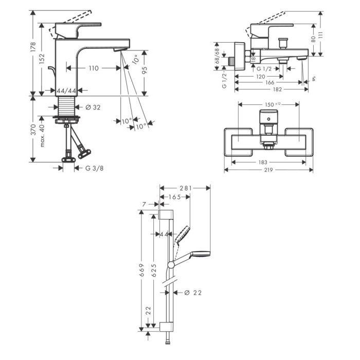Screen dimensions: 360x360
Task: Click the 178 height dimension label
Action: point(33,47)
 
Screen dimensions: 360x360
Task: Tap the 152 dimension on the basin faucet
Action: point(42,59)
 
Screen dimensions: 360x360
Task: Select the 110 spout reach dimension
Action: point(94,68)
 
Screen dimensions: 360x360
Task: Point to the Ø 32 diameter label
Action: point(93,107)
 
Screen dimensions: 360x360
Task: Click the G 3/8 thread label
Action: point(94,168)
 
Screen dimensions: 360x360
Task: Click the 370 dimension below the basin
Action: point(33,130)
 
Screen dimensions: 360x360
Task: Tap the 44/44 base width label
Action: point(66,91)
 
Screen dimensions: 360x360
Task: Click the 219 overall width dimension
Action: point(268,170)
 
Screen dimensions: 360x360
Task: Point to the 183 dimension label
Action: point(263,163)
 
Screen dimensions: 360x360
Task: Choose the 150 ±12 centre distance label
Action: point(273,104)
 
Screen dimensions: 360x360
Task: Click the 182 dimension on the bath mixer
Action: point(277,89)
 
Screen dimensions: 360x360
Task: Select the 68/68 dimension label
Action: point(217,56)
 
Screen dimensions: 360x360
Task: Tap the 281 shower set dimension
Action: point(186,188)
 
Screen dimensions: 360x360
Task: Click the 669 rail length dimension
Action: point(141,270)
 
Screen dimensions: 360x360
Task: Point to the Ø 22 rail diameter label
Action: point(193,293)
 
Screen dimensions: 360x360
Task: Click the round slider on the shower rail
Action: point(171,265)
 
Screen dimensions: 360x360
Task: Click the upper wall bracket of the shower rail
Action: point(166,214)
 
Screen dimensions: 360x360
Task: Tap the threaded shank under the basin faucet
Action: point(67,106)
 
